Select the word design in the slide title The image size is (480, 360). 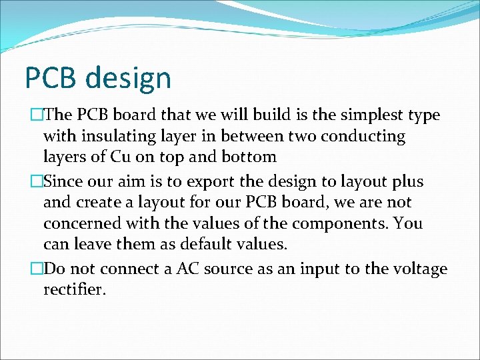coord(128,79)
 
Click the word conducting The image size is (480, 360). coord(365,137)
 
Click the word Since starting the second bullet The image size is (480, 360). coord(63,182)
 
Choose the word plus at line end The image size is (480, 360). coord(408,182)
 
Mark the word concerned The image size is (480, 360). coord(80,223)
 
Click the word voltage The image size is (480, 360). coord(421,269)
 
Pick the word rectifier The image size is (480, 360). coord(73,291)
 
